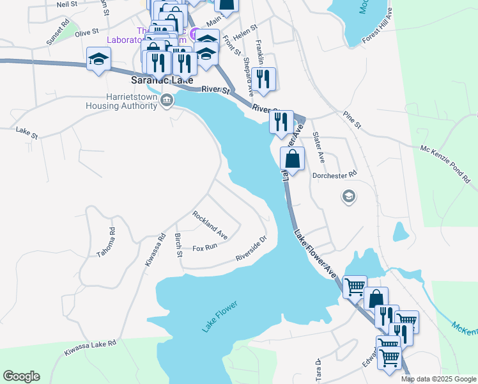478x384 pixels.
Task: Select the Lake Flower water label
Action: pyautogui.click(x=220, y=316)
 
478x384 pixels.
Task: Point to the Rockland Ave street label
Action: pyautogui.click(x=210, y=222)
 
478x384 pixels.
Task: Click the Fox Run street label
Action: pyautogui.click(x=205, y=247)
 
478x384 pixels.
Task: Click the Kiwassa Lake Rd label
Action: pyautogui.click(x=90, y=348)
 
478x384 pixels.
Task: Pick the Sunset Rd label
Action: pyautogui.click(x=57, y=35)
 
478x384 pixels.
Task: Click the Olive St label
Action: pyautogui.click(x=86, y=31)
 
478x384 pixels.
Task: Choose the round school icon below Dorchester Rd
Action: pyautogui.click(x=349, y=196)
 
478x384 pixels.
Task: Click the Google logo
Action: pyautogui.click(x=21, y=376)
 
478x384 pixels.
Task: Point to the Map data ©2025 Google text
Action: pyautogui.click(x=438, y=379)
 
